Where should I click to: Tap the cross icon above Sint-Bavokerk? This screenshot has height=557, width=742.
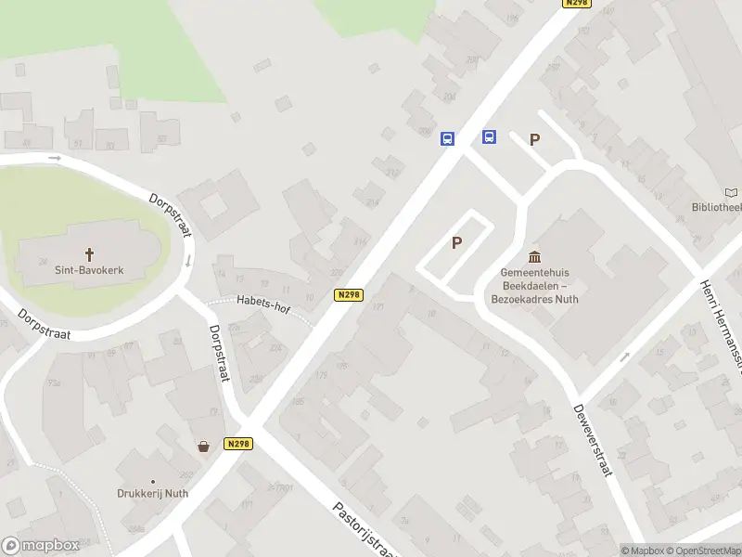coord(90,253)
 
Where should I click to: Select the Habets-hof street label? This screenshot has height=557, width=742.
coord(262,300)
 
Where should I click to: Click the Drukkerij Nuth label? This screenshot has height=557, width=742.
coord(152,493)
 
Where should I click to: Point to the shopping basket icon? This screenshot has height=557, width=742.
coord(203,446)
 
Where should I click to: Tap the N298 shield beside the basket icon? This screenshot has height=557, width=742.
coord(238,445)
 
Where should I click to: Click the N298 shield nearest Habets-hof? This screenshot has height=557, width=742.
coord(348,295)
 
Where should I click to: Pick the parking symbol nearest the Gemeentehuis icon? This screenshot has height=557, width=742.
coord(456,243)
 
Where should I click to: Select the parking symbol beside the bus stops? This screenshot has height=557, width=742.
coord(534,140)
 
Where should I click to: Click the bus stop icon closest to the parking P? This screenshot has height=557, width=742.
coord(489,137)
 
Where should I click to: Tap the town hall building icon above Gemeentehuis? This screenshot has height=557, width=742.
coord(534,256)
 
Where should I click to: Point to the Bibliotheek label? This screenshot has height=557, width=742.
coord(717,207)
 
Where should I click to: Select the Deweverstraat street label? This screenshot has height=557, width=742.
coord(593,440)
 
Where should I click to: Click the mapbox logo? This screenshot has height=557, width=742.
coord(40,546)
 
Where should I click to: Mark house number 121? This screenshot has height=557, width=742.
coord(377,306)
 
